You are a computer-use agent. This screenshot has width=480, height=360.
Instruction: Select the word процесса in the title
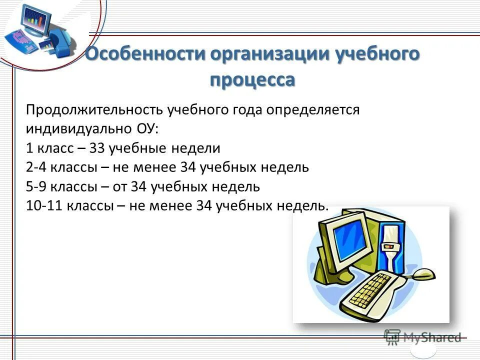coord(252,79)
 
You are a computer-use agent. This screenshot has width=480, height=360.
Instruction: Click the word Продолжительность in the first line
coord(94,109)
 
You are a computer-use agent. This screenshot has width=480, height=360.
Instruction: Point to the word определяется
coord(312,109)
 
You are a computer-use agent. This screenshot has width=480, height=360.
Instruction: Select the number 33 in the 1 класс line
coord(96,148)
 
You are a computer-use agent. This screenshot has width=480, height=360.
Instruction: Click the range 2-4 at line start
coord(36,167)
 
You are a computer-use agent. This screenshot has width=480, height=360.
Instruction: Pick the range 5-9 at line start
coord(36,186)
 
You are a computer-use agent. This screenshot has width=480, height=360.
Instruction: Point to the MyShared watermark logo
coord(422,337)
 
